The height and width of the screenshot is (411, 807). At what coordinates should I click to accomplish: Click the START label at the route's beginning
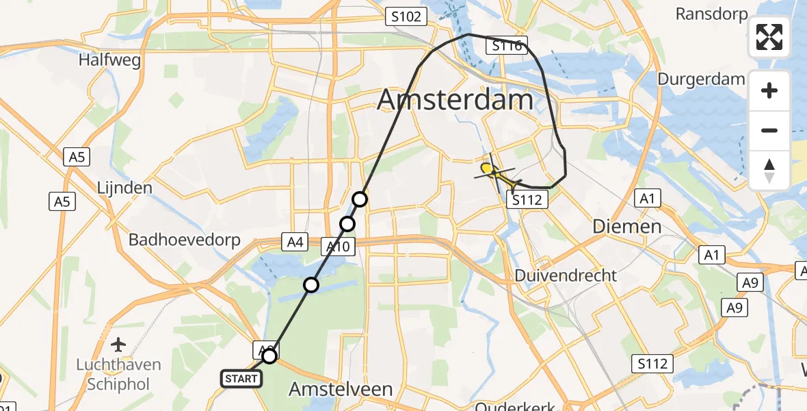click(x=240, y=378)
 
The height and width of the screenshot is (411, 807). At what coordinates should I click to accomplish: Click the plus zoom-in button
click(x=769, y=90)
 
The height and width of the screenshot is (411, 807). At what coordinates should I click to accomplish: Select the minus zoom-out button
click(x=769, y=130)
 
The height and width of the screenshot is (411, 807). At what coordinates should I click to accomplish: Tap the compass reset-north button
click(x=769, y=170)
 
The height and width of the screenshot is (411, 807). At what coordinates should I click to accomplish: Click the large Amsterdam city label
click(x=455, y=100)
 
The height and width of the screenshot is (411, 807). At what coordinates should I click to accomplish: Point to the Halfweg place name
click(x=109, y=60)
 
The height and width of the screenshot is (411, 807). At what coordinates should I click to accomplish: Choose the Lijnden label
click(x=124, y=187)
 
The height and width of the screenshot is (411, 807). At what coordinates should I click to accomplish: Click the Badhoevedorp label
click(x=185, y=240)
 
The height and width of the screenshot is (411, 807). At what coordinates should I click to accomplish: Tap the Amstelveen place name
click(x=341, y=389)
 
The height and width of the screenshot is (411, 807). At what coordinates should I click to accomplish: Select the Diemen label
click(x=627, y=226)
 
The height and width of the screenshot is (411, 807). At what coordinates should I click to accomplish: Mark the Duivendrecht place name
click(x=566, y=275)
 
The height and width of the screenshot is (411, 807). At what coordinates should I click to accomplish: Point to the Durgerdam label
click(x=701, y=79)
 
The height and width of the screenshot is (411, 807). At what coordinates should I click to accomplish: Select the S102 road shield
click(x=406, y=16)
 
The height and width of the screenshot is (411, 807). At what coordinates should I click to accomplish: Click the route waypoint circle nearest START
click(x=269, y=356)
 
